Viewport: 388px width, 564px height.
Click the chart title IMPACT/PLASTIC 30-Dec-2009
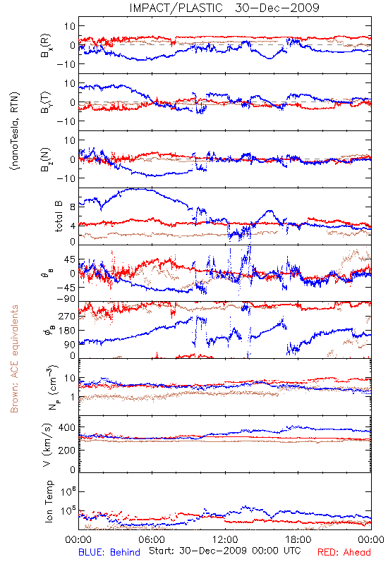(224, 8)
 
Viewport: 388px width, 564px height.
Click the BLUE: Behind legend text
(109, 552)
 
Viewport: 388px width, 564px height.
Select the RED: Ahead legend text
(344, 552)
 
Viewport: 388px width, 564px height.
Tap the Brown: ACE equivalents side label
(14, 359)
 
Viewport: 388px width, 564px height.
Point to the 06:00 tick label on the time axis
(152, 539)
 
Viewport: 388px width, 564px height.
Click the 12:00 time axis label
(225, 539)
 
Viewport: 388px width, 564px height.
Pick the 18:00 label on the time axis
(298, 539)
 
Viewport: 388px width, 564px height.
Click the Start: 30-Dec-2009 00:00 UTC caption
(225, 551)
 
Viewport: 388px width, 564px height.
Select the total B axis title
(59, 216)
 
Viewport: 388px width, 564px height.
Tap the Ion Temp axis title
(49, 501)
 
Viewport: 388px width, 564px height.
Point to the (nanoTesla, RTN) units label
(15, 130)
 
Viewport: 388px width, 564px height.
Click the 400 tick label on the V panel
(67, 427)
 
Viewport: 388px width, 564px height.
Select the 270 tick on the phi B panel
(67, 316)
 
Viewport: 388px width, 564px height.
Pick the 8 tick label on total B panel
(73, 207)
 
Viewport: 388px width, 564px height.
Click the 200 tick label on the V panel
(67, 450)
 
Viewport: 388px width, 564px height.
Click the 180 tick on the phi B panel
(67, 331)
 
